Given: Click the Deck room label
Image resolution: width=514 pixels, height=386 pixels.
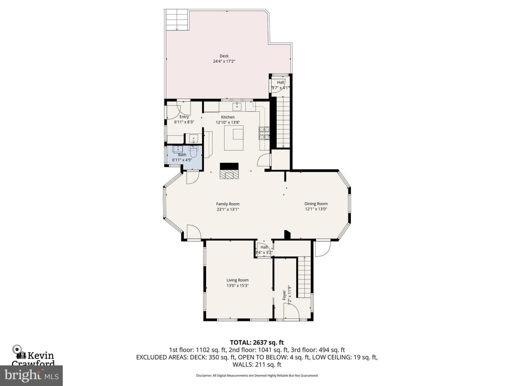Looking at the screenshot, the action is point(224,56).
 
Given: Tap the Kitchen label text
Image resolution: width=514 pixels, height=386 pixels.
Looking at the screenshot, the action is point(228,117).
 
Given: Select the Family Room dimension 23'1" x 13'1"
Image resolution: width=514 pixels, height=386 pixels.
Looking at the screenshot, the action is point(228,209).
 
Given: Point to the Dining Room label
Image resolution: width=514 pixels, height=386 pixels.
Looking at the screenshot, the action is point(316,204).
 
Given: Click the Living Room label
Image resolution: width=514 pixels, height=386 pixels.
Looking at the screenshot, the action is point(237,280).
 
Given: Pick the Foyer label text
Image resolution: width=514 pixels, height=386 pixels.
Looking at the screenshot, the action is point(284,295).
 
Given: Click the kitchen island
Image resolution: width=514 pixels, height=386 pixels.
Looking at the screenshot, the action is point(234,138).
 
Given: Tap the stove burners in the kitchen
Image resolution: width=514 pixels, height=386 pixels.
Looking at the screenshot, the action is point(264,133).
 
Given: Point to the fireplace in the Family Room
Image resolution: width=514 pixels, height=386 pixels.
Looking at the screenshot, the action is point(229,171).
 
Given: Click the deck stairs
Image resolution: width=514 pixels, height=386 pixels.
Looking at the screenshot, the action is point(177,20).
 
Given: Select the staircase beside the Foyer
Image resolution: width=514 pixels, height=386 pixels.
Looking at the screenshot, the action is point(304,277).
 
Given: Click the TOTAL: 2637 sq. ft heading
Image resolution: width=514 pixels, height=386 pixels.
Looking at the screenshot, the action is point(257,343).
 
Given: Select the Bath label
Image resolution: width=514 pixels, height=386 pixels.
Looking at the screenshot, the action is point(182,155).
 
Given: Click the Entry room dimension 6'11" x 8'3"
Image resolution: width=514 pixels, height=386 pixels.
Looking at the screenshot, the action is point(184,122).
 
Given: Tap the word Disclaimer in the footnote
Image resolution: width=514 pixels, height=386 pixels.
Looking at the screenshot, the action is point(204,375).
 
